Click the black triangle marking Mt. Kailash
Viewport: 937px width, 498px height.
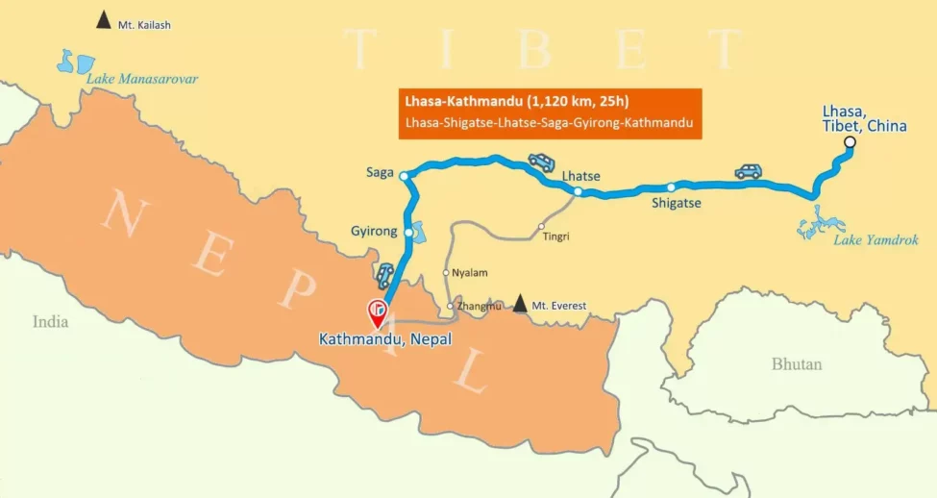tap(103, 19)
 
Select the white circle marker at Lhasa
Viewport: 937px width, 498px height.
tap(849, 143)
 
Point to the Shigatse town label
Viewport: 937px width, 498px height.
tap(677, 204)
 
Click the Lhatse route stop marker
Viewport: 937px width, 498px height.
tap(578, 191)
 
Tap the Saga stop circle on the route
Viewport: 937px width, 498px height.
tap(404, 176)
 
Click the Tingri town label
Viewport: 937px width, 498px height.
tap(555, 236)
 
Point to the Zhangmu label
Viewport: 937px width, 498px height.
tap(481, 307)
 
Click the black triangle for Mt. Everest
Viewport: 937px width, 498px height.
tap(520, 304)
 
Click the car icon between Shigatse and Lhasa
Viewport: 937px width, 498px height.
tap(748, 171)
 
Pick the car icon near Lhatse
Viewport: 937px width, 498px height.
tap(541, 162)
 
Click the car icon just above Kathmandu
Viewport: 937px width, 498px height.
tap(384, 276)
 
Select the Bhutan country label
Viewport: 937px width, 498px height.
tap(797, 364)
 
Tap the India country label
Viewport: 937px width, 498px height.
tap(50, 322)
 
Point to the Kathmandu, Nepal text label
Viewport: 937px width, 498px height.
tap(385, 339)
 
